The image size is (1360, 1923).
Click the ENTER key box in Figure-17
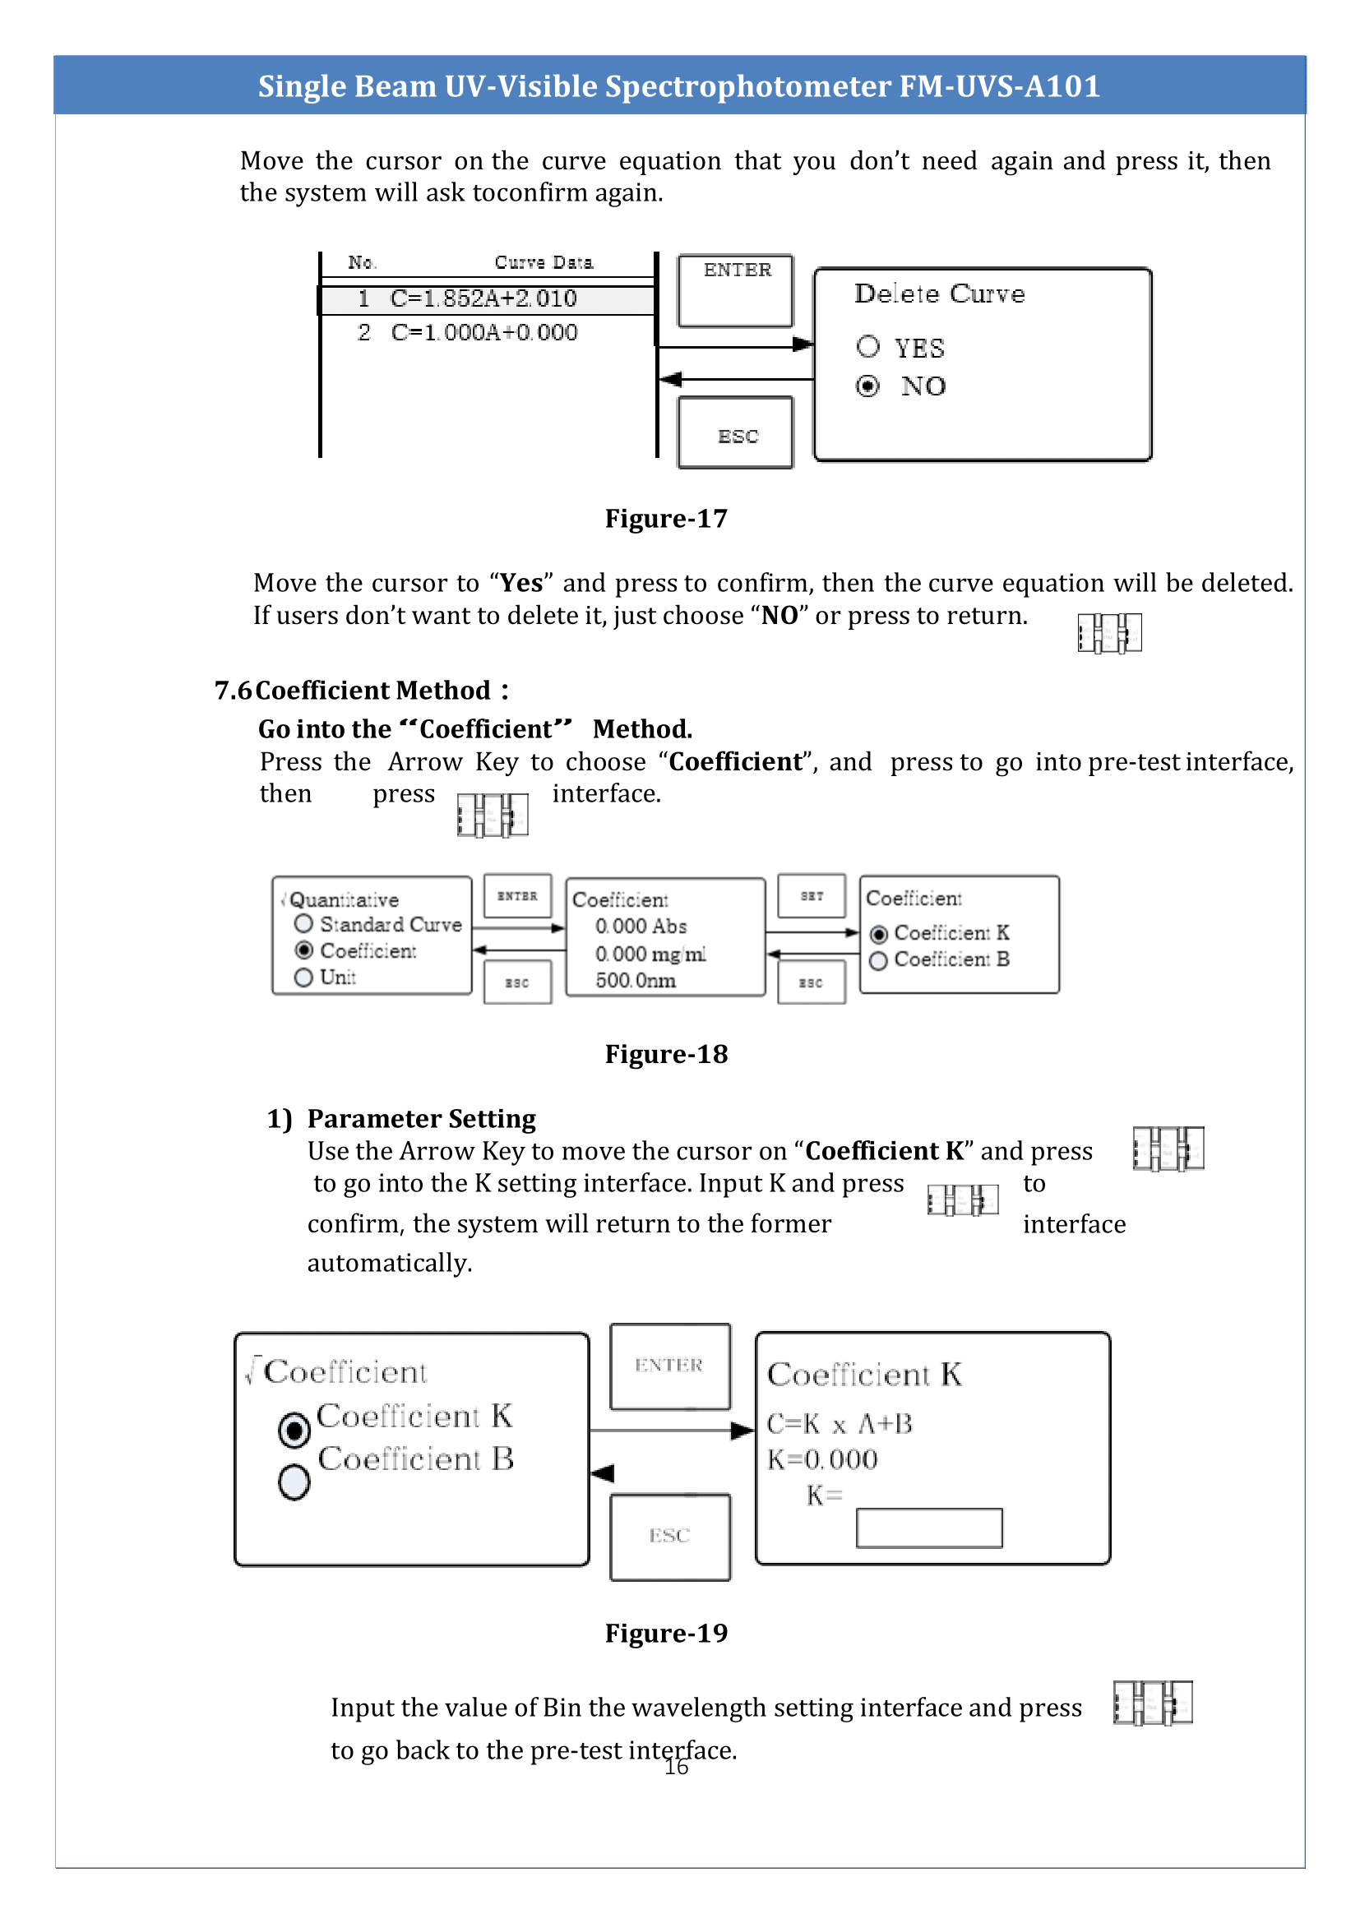click(x=735, y=289)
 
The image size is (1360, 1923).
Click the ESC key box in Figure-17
click(x=735, y=432)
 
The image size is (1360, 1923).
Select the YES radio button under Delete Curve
click(x=868, y=347)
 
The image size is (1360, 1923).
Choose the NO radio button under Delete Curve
click(x=868, y=386)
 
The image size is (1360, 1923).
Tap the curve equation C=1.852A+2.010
click(x=483, y=299)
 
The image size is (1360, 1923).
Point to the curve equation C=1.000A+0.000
click(x=484, y=332)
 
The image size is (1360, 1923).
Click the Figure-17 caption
click(x=666, y=519)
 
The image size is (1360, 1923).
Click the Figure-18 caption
click(x=666, y=1054)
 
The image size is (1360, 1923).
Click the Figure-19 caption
click(x=666, y=1633)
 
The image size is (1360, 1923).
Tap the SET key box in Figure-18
click(x=812, y=896)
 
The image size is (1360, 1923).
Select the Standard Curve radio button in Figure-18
click(x=304, y=924)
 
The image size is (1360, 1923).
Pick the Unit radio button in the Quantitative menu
click(x=304, y=978)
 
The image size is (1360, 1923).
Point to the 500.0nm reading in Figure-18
click(x=635, y=981)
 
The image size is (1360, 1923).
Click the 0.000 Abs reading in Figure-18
click(x=641, y=927)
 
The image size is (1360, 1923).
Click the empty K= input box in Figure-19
click(x=928, y=1528)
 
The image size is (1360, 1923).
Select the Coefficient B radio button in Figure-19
click(x=294, y=1482)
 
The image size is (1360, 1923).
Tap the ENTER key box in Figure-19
click(x=669, y=1366)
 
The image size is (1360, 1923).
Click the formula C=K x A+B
click(x=840, y=1424)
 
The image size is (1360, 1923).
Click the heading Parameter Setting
click(x=421, y=1119)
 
